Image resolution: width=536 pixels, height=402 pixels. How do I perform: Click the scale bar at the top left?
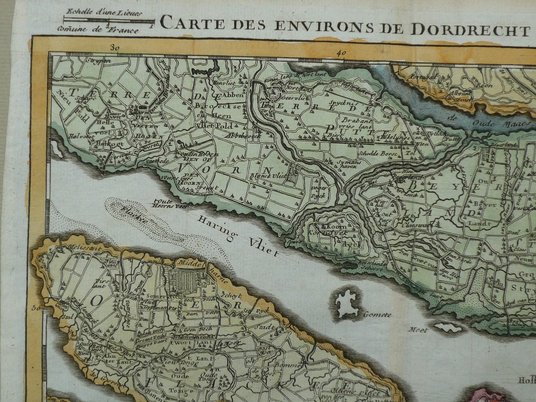[x=109, y=22]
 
